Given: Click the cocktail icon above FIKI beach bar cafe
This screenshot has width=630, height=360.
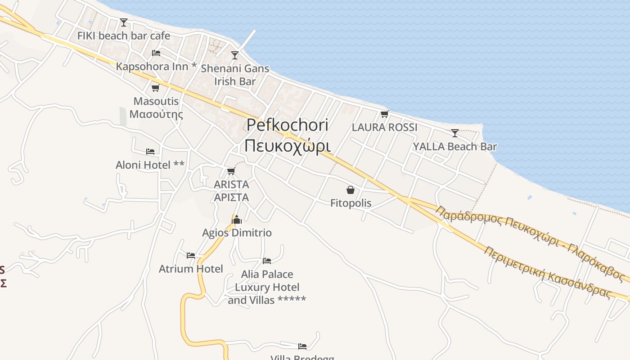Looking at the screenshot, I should click(x=124, y=22).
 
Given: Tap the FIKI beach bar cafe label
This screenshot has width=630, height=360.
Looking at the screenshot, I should click(x=124, y=36).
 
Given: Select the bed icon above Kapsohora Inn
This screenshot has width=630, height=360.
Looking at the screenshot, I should click(x=156, y=53).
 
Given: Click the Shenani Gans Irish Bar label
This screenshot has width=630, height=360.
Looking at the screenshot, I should click(x=235, y=75).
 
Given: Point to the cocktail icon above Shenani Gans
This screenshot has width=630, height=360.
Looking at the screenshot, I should click(x=234, y=55).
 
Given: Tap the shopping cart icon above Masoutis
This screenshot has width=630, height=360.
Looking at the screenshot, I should click(x=156, y=88).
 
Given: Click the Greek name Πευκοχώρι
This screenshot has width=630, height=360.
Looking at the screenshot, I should click(x=288, y=145).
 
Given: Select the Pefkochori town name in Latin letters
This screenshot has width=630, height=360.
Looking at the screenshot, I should click(x=288, y=125).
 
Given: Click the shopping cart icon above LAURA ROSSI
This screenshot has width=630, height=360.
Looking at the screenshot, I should click(x=384, y=114).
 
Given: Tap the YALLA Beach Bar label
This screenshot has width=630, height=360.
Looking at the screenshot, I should click(x=455, y=146).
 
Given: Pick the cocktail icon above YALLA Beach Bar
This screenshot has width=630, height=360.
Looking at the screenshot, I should click(x=455, y=133).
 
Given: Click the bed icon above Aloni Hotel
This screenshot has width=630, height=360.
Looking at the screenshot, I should click(x=150, y=152).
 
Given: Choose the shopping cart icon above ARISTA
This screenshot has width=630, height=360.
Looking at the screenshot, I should click(x=231, y=171).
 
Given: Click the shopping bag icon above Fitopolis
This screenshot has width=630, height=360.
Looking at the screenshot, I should click(x=351, y=190).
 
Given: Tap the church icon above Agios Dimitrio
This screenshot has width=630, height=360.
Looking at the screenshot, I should click(x=237, y=220).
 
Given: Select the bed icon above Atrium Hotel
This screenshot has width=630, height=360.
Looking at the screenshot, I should click(x=191, y=256).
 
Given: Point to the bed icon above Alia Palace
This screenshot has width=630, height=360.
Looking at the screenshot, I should click(x=267, y=261).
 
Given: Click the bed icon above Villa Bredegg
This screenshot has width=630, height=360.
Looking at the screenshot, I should click(x=302, y=346).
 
